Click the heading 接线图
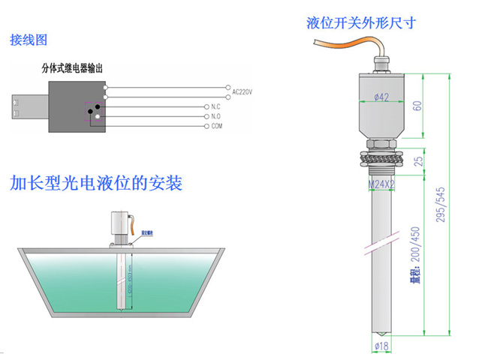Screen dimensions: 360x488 pyautogui.click(x=29, y=40)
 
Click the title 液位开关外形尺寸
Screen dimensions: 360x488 pyautogui.click(x=361, y=22)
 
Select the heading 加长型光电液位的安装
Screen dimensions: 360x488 pyautogui.click(x=96, y=183)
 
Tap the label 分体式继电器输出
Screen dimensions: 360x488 pyautogui.click(x=72, y=67)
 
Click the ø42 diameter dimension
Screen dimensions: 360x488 pyautogui.click(x=381, y=97)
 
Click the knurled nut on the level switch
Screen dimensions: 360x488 pyautogui.click(x=382, y=158)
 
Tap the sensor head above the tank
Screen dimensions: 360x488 pyautogui.click(x=118, y=223)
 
